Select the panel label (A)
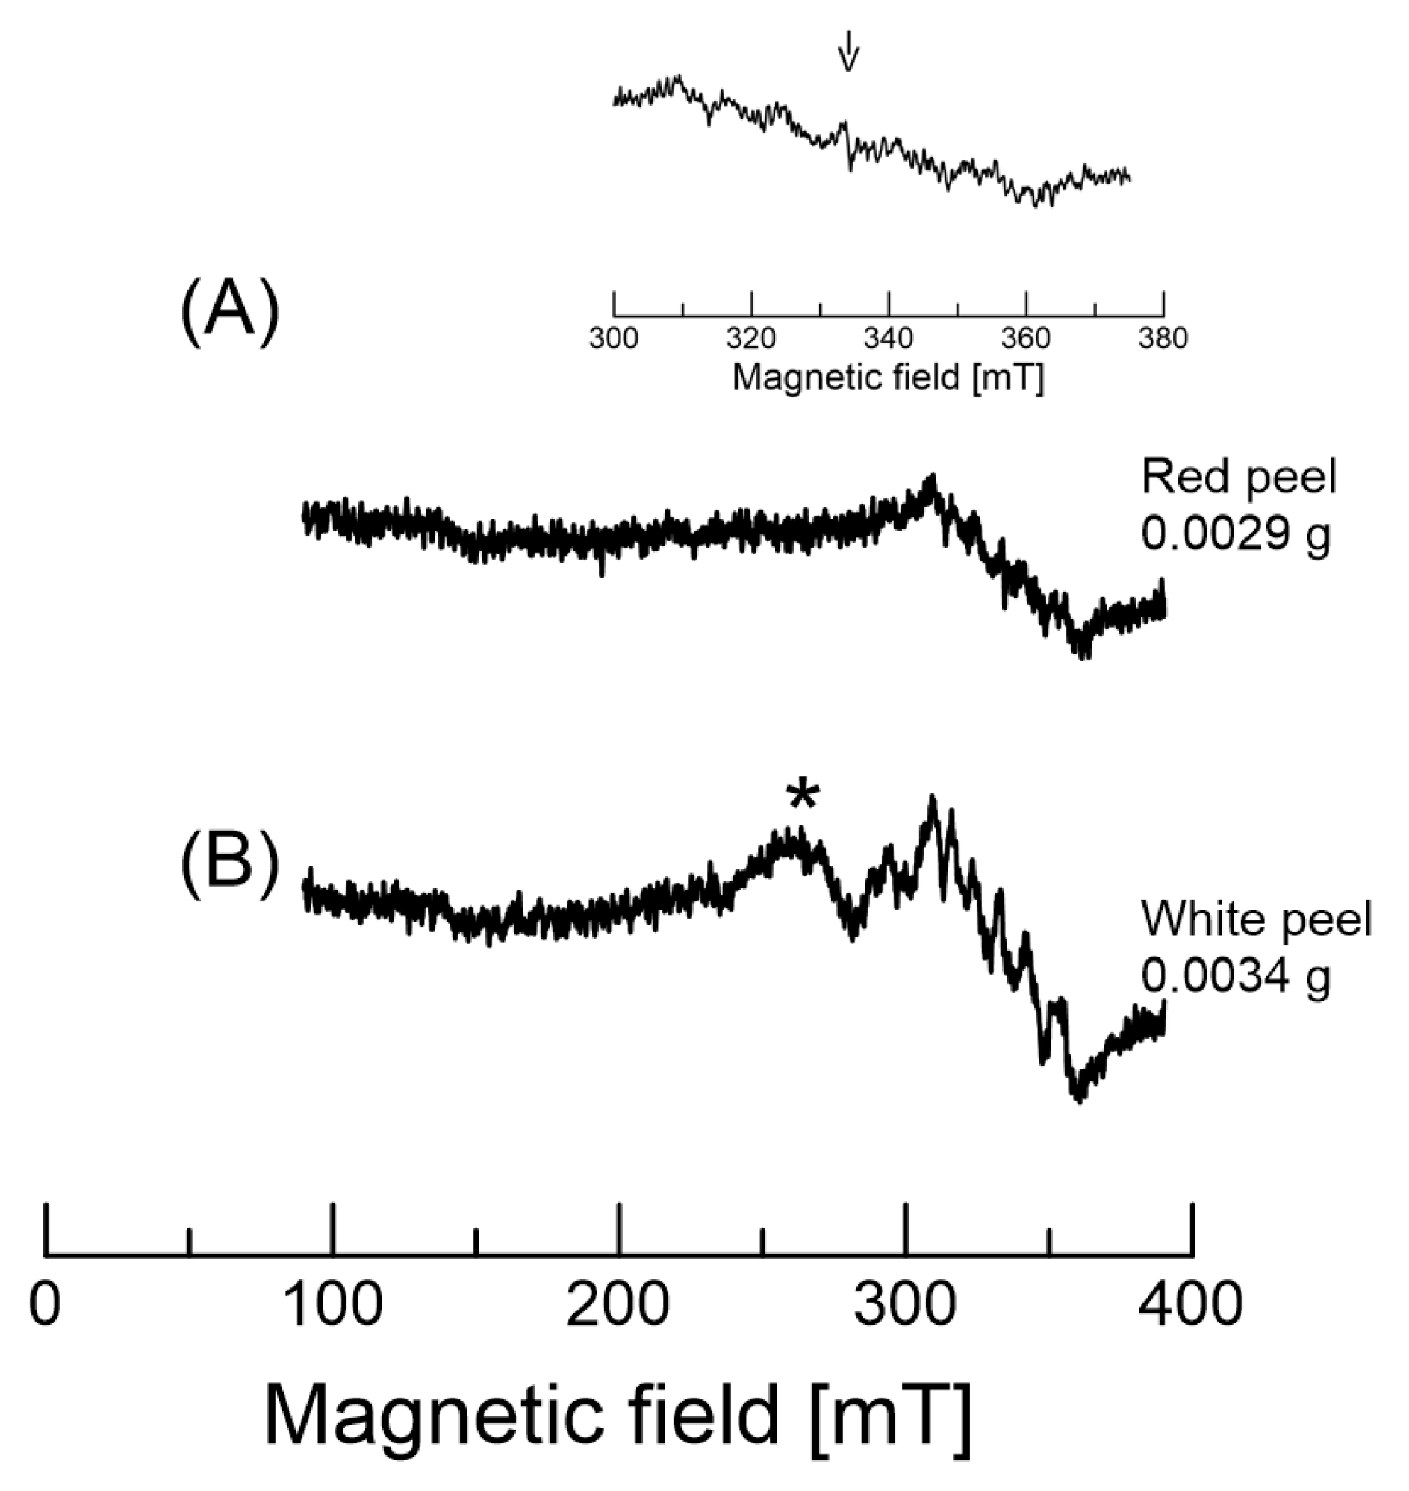[229, 315]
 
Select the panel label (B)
[229, 866]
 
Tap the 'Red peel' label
[1239, 478]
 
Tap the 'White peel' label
[1257, 919]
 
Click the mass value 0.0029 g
[1236, 534]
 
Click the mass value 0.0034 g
[1236, 976]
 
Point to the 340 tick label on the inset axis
[889, 339]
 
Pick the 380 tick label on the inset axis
[1163, 339]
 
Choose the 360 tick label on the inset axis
[1026, 339]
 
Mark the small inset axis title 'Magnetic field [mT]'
[888, 378]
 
